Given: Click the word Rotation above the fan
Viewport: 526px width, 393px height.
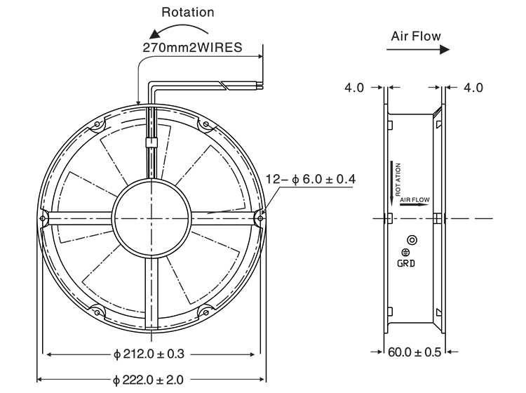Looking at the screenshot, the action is [188, 12].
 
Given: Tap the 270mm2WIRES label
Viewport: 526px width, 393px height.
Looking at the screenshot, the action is [192, 47].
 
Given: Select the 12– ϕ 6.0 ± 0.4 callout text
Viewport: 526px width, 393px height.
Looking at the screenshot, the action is [310, 179].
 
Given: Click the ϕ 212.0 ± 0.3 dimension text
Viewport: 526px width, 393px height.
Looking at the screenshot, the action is [149, 354].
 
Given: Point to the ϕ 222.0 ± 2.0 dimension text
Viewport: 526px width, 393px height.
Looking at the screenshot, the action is [148, 380].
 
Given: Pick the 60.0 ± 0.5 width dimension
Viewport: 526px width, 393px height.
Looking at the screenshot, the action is [414, 352].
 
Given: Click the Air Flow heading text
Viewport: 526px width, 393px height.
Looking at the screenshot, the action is [416, 36].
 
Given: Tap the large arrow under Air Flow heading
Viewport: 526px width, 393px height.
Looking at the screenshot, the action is [418, 50].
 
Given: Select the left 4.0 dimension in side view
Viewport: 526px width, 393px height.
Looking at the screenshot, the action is [354, 88].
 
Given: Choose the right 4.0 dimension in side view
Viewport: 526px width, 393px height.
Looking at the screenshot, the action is [473, 88].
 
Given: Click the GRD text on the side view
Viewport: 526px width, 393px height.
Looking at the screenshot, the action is [406, 263].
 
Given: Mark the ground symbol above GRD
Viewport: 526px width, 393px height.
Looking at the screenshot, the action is [405, 252].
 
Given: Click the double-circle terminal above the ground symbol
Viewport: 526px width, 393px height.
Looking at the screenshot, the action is [412, 240].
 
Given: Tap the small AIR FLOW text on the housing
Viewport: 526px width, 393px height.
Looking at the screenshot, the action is [414, 200].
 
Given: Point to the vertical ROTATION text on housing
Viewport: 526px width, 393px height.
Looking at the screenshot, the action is [398, 180].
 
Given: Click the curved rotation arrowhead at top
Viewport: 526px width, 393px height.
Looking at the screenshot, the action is [155, 34].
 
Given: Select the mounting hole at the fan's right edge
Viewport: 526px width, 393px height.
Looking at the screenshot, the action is [261, 218].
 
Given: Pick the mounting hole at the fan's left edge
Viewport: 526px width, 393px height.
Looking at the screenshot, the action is [42, 218].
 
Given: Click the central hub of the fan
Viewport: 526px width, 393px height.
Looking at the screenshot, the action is [152, 218].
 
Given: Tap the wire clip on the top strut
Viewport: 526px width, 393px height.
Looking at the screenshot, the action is [151, 142].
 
